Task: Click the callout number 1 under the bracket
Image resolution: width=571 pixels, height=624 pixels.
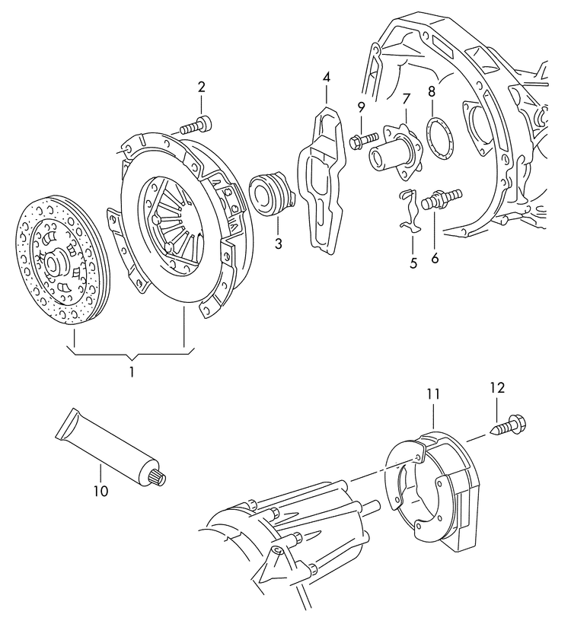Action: pyautogui.click(x=131, y=372)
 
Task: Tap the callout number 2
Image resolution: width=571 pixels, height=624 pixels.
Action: pyautogui.click(x=202, y=88)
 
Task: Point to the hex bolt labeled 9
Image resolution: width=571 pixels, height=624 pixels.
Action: pyautogui.click(x=365, y=139)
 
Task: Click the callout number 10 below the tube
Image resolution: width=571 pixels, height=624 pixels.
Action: pyautogui.click(x=100, y=491)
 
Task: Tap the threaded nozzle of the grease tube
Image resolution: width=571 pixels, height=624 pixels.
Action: pyautogui.click(x=159, y=479)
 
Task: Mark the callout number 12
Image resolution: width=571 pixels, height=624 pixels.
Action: pyautogui.click(x=497, y=387)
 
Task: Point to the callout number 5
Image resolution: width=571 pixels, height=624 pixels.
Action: pyautogui.click(x=413, y=264)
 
